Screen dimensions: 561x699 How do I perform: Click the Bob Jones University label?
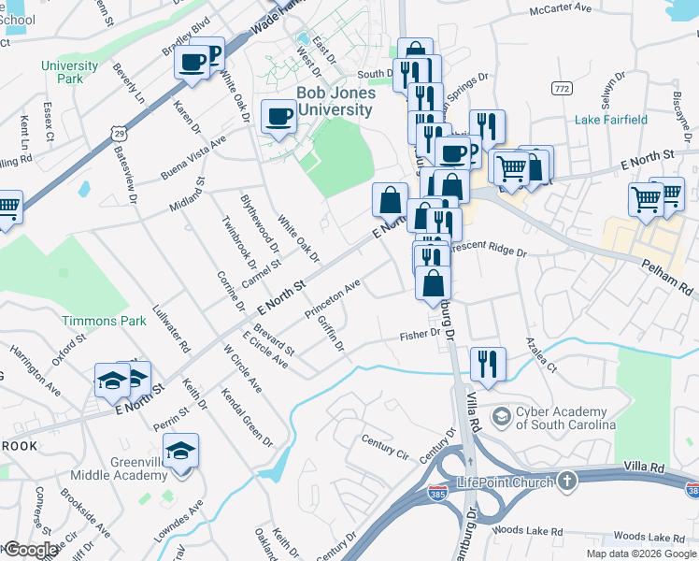[335, 101]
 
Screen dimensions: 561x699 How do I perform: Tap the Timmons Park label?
[104, 321]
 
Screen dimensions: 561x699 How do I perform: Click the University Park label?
[69, 72]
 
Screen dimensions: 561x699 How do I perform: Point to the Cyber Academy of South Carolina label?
[566, 418]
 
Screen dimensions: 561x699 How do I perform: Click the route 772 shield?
[562, 88]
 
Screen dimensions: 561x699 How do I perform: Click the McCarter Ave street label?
[561, 7]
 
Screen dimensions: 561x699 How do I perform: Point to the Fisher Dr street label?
[419, 336]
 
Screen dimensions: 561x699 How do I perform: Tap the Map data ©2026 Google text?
[640, 554]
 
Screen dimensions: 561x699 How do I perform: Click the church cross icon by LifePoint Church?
[566, 481]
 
